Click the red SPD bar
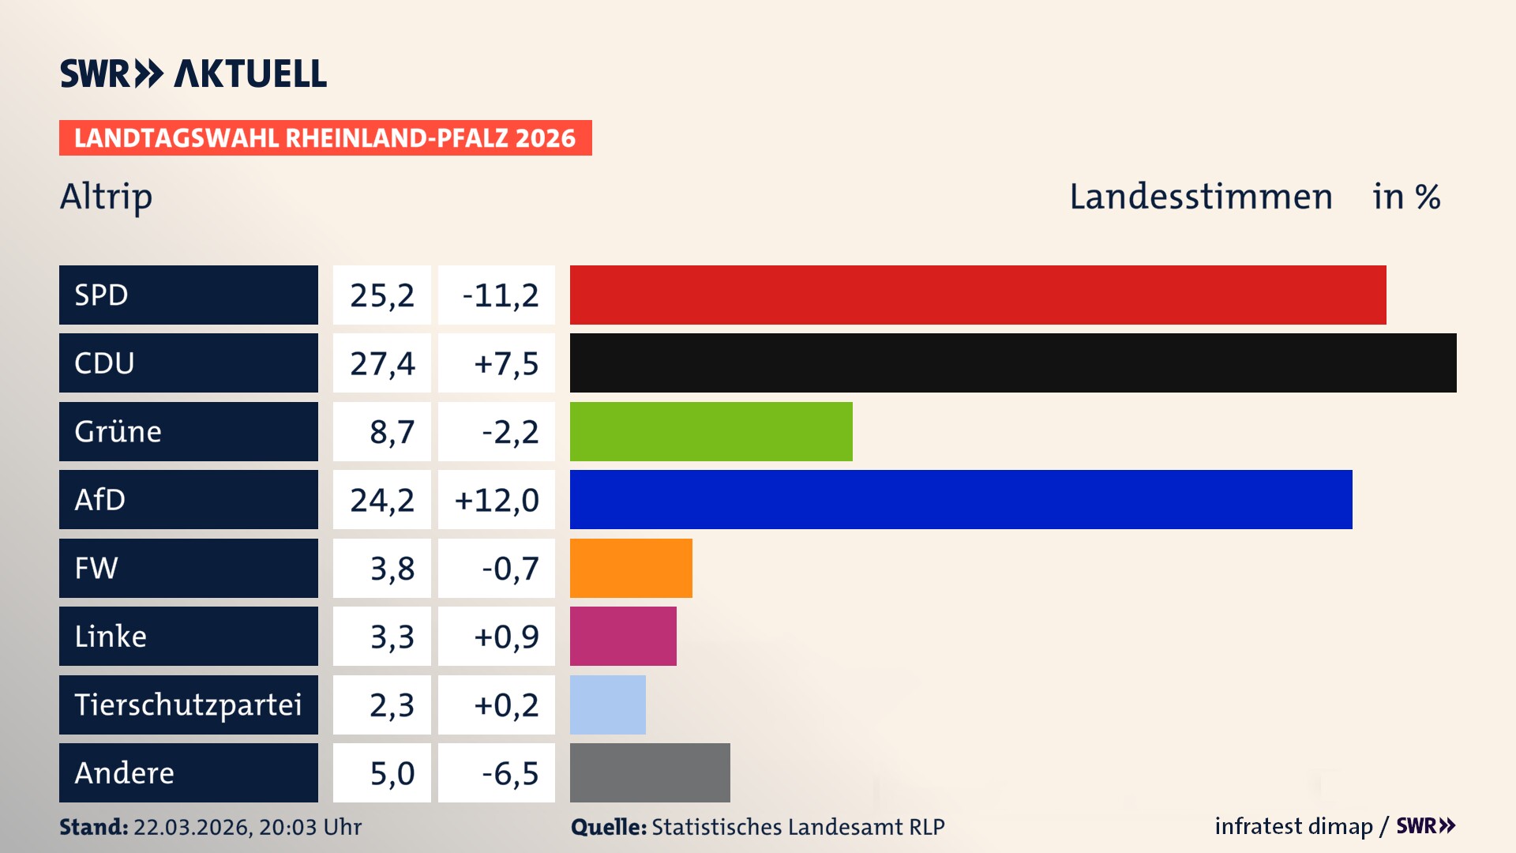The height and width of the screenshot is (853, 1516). coord(978,295)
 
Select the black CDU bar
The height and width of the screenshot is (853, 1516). coord(1013,363)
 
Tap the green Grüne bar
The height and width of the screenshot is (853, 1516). coord(711,431)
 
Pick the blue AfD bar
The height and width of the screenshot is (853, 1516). coord(961,499)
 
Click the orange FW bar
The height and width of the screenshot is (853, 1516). coord(631,568)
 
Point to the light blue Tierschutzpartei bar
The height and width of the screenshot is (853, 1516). coord(607,705)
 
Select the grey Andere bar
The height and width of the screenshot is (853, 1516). coord(650,772)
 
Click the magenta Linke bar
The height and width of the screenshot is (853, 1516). coord(623,636)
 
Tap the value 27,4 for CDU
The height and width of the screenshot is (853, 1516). coord(382,363)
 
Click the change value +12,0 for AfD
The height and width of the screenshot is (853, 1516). coord(497,500)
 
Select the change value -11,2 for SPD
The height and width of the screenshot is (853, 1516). coord(500,295)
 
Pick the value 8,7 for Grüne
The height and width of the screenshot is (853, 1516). coord(392,432)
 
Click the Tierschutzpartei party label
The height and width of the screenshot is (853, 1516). coord(188,705)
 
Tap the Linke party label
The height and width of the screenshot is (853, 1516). coord(111,636)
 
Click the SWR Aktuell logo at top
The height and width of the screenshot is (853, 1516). coord(193,73)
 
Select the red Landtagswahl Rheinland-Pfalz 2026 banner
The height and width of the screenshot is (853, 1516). coord(325,138)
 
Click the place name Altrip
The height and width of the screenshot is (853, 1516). coord(106,197)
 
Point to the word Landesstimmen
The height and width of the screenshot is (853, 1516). coord(1200,197)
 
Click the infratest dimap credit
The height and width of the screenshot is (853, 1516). coord(1293,826)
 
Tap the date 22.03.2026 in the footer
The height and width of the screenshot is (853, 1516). coord(191,827)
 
